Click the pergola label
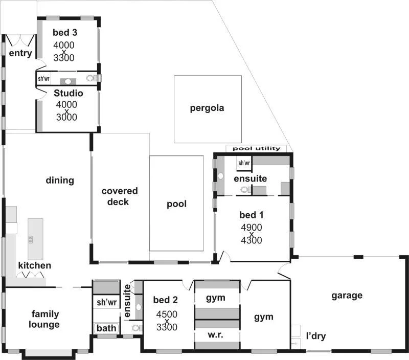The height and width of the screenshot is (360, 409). pos(207,108)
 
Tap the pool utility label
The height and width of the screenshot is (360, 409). pos(256,148)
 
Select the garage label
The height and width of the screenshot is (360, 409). pos(347,295)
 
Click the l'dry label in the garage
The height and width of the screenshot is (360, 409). pos(315,336)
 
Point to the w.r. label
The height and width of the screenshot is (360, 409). pos(216,335)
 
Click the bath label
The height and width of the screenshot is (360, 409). pos(106,328)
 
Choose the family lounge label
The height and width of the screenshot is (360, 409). pos(45,319)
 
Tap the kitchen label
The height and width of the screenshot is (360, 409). pos(34,265)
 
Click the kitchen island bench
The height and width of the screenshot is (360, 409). pos(35,239)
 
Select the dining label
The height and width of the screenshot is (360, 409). pos(60,180)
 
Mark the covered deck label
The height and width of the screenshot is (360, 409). pos(119,196)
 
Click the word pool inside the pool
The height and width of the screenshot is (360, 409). pos(176,204)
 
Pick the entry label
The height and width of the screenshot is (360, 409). pos(20,53)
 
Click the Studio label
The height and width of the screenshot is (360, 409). pos(68,94)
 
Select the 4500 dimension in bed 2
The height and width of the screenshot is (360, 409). pos(166,314)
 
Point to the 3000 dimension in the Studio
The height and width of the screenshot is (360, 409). pos(66,117)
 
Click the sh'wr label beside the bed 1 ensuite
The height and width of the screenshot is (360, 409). pos(244,163)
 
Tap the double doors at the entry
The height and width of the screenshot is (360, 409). pos(20,40)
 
